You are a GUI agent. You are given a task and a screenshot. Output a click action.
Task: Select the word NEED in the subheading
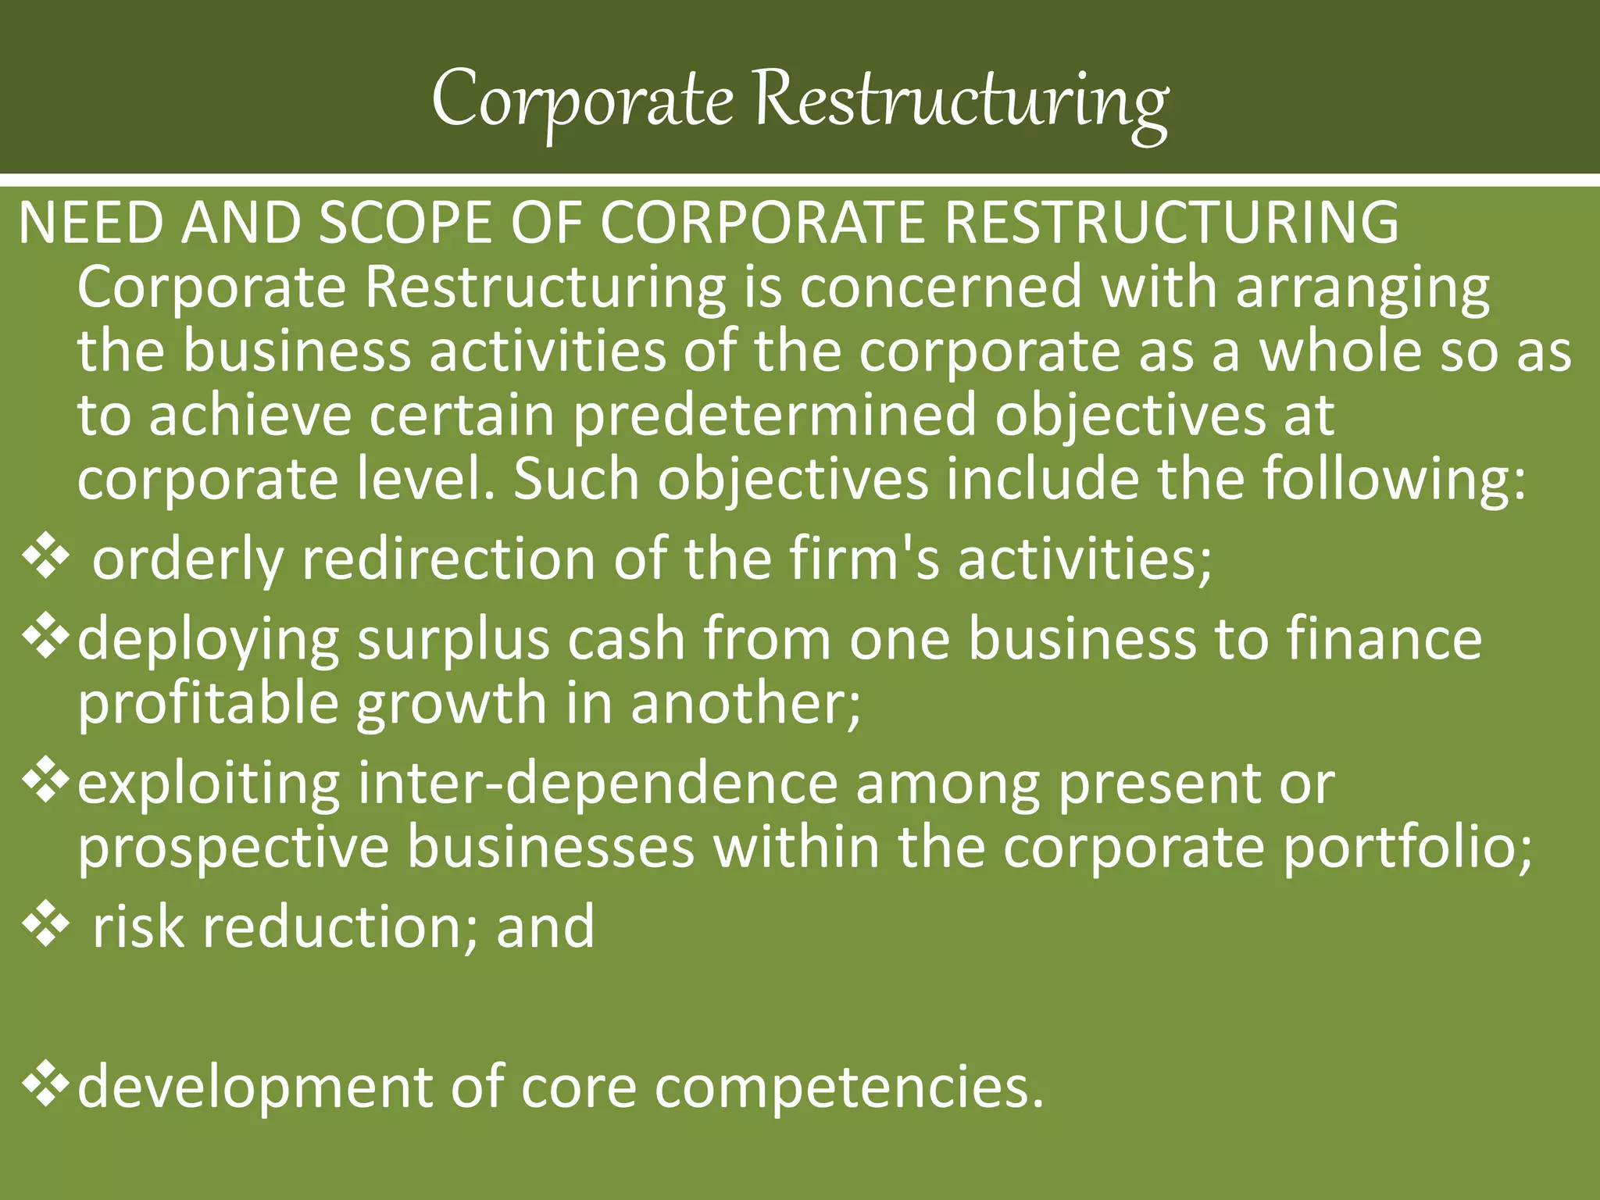[90, 223]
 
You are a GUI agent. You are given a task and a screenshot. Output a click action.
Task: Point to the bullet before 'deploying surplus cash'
[46, 637]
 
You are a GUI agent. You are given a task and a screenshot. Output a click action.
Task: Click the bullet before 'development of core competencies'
[46, 1086]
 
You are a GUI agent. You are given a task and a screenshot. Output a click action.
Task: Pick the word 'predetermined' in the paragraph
[775, 416]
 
